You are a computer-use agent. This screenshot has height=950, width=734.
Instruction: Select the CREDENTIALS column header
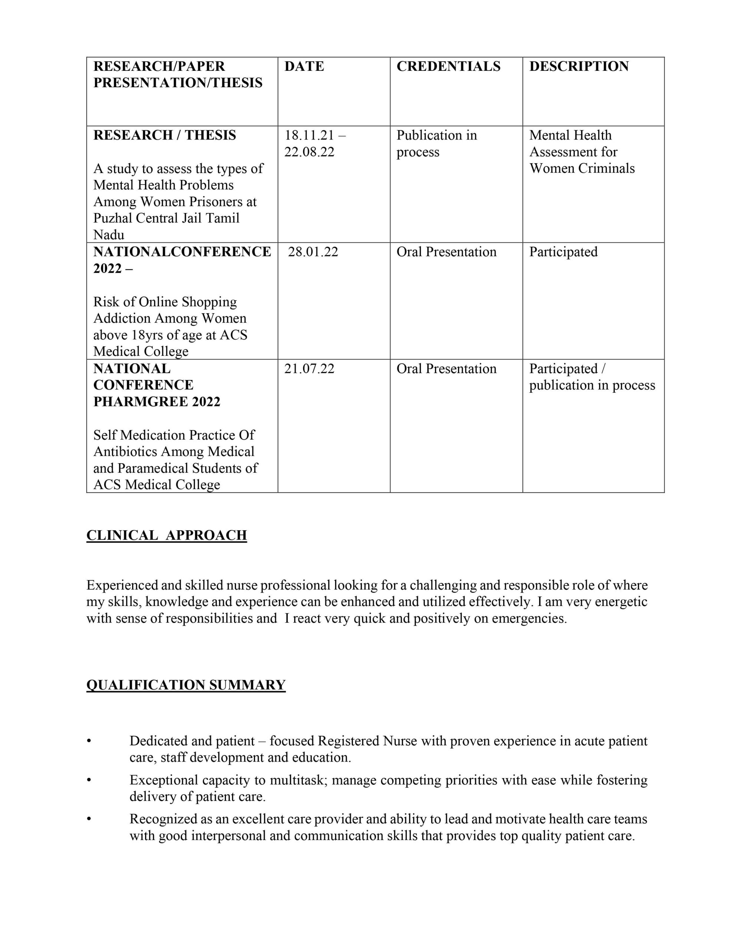(x=448, y=66)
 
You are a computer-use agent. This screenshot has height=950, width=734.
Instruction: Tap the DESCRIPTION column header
(x=579, y=66)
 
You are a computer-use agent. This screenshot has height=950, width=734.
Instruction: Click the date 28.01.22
(x=313, y=252)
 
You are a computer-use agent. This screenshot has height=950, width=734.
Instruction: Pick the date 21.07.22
(x=309, y=368)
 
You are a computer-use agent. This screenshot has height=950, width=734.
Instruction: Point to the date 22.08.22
(x=309, y=152)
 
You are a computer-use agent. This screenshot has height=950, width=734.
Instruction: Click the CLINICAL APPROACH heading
(x=167, y=535)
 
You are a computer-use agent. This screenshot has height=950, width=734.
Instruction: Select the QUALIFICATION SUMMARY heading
(x=186, y=685)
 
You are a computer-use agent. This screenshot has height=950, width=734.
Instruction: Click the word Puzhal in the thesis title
(x=113, y=218)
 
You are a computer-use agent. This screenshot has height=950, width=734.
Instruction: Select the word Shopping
(x=209, y=302)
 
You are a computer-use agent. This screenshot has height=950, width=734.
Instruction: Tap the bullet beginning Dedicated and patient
(x=89, y=741)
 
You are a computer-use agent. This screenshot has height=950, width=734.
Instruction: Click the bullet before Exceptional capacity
(x=89, y=780)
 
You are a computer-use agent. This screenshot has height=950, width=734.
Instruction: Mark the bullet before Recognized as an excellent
(x=89, y=819)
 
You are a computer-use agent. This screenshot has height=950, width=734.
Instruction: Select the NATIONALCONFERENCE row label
(x=182, y=252)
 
